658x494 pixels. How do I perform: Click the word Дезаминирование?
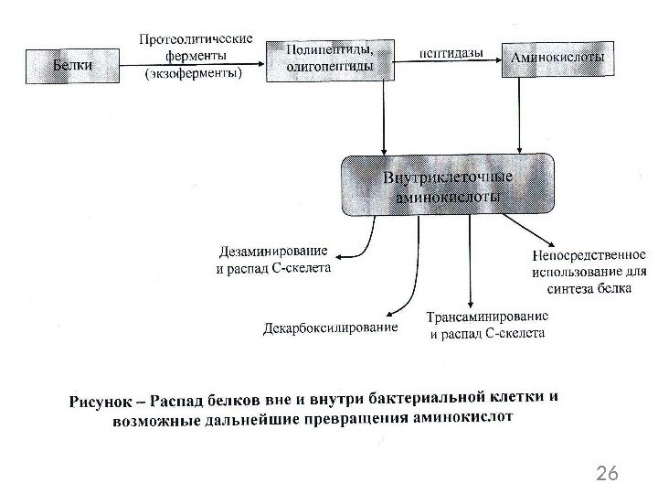pyautogui.click(x=273, y=253)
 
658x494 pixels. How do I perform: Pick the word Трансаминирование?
pyautogui.click(x=487, y=317)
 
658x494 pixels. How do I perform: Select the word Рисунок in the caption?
pyautogui.click(x=99, y=401)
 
